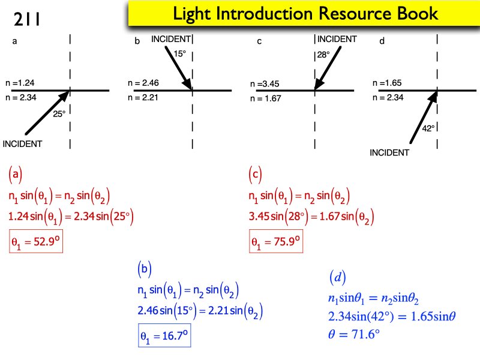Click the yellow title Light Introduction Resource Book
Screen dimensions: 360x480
(x=305, y=14)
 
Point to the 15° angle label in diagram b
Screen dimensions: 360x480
(x=180, y=53)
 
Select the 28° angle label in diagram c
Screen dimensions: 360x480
(x=324, y=55)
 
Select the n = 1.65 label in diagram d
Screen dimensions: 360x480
(x=388, y=83)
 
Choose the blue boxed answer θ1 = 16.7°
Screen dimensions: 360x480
(x=165, y=337)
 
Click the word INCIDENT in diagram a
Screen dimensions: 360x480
(x=23, y=143)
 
